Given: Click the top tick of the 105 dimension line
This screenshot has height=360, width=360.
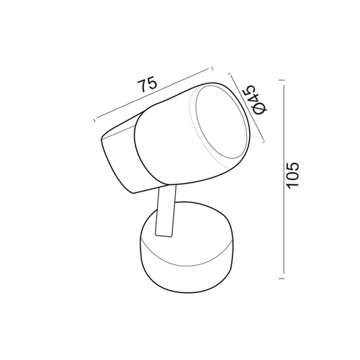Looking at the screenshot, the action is pos(282,80).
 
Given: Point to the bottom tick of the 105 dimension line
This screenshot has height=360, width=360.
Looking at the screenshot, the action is pos(282,279).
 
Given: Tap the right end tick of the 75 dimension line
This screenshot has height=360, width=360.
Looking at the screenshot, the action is pos(212,68).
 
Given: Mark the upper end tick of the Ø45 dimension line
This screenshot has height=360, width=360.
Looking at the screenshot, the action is pos(230,74).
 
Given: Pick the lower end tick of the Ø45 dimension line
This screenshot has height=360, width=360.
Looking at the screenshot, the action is pos(264,142).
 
